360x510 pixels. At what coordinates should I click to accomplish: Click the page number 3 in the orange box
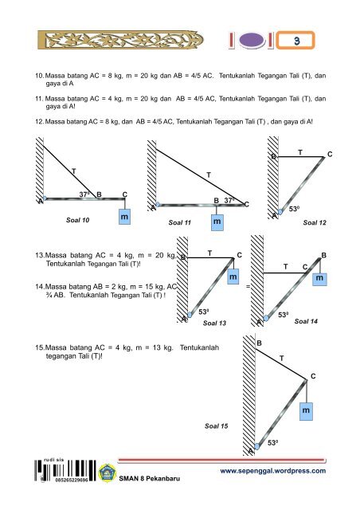[x=296, y=41]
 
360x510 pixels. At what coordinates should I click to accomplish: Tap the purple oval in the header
[x=252, y=41]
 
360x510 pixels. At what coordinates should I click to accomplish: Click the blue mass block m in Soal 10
[x=124, y=217]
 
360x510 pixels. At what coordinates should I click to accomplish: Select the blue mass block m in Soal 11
[x=217, y=222]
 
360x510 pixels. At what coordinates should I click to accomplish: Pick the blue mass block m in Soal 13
[x=233, y=277]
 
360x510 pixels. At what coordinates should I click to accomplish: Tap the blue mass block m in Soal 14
[x=319, y=278]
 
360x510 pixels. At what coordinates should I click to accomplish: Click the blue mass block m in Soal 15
[x=306, y=411]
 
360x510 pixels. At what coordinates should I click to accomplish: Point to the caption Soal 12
[x=315, y=223]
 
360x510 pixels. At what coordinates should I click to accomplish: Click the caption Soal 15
[x=217, y=426]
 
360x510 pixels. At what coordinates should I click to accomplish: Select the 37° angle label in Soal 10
[x=84, y=194]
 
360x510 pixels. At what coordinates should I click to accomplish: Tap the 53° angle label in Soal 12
[x=294, y=209]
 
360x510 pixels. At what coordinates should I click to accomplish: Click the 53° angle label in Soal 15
[x=273, y=443]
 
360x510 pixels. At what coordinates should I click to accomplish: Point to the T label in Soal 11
[x=209, y=175]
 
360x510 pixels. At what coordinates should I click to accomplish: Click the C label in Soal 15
[x=313, y=376]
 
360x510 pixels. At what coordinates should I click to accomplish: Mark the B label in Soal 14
[x=323, y=255]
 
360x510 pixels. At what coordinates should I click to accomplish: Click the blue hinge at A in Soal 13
[x=190, y=315]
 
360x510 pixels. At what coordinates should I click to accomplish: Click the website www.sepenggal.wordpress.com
[x=273, y=471]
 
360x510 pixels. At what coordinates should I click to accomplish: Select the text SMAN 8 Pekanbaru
[x=149, y=478]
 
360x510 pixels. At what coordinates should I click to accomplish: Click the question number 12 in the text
[x=39, y=122]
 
